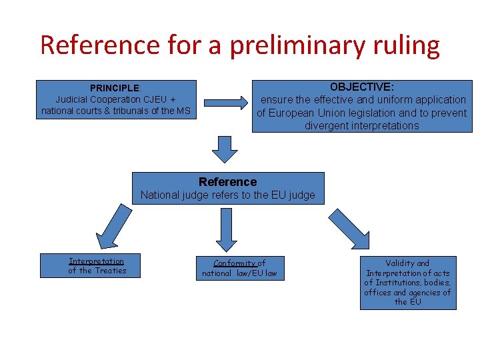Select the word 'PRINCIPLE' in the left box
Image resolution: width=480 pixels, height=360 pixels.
click(115, 88)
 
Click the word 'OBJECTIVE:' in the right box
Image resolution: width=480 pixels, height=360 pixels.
click(362, 87)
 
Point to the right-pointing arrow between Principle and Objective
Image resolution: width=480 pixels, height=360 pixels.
click(224, 103)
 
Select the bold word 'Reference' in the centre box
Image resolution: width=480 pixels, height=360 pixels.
click(227, 182)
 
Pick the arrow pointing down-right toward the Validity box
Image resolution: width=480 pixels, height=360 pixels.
click(349, 228)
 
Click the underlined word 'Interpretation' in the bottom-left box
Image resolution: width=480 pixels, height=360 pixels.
click(97, 261)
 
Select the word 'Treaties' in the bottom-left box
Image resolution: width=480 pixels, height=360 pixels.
click(110, 271)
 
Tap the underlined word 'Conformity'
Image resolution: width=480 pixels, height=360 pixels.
click(235, 263)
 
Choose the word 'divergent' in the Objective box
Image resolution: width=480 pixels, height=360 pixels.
click(327, 126)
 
